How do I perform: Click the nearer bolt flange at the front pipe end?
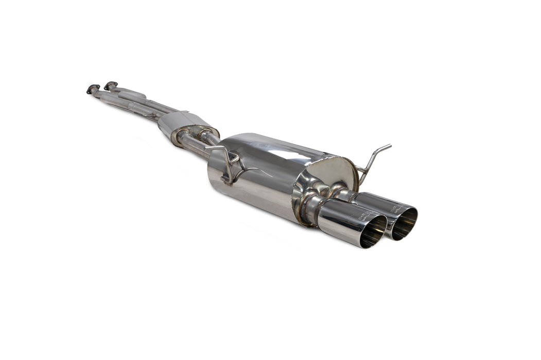(x=93, y=88)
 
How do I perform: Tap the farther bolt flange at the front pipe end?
(x=110, y=85)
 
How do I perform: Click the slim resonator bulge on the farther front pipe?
(x=131, y=95)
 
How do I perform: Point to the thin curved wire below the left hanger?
(x=252, y=171)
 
